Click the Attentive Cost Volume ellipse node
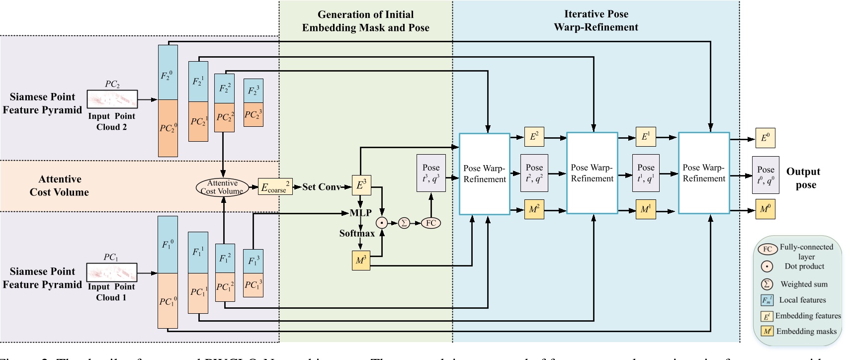point(222,187)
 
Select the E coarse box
point(275,187)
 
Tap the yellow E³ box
point(361,185)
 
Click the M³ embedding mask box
point(361,261)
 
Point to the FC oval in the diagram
point(430,223)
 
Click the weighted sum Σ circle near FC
point(404,223)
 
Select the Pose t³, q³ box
point(430,173)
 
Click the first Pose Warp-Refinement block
point(484,174)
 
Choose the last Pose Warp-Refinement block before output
point(703,173)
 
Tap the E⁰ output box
point(765,138)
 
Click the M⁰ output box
point(765,209)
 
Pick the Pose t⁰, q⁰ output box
point(766,175)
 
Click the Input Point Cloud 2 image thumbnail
point(112,99)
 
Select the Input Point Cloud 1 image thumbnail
point(112,272)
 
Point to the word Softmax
point(357,233)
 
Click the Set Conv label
point(321,187)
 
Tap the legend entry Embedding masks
point(806,331)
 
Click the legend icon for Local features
point(767,300)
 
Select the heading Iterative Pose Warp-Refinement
point(596,20)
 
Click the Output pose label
point(803,178)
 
